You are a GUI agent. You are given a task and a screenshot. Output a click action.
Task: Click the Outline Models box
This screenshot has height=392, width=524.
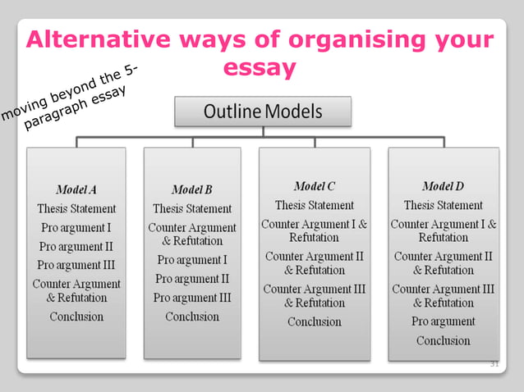pos(262,111)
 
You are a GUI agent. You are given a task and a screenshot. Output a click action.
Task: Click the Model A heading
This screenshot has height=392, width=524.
pos(76,189)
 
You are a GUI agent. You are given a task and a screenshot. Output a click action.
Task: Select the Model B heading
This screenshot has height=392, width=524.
pos(192,189)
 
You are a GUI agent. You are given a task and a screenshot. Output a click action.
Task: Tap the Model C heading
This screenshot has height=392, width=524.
pos(314,186)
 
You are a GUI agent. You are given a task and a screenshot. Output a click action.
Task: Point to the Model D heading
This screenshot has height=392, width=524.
pos(443,186)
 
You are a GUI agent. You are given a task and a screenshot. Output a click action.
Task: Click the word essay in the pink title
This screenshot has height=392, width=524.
pos(260,69)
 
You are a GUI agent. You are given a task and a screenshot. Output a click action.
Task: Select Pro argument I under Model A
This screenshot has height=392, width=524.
pos(76,227)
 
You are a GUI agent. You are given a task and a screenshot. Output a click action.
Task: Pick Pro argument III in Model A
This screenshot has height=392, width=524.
pos(76,265)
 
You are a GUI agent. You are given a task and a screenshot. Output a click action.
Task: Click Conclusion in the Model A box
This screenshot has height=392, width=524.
pos(76,316)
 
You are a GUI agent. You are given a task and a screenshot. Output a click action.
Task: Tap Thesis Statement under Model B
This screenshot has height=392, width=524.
pos(192,208)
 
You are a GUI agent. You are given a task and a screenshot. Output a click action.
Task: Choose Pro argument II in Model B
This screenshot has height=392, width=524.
pos(192,279)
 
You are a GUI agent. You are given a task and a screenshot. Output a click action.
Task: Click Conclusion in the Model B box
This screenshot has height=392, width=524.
pos(192,316)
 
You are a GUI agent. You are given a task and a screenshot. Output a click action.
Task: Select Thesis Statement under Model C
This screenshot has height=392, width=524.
pos(314,205)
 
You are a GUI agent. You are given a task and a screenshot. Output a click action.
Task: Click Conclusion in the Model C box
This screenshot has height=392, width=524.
pos(314,321)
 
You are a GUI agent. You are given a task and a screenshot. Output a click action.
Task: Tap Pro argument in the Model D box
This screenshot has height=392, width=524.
pos(443,321)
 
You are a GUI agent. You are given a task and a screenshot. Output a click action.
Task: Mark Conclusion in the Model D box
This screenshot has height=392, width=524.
pos(443,340)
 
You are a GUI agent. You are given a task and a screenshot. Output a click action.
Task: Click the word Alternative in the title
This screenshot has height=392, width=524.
pos(93,39)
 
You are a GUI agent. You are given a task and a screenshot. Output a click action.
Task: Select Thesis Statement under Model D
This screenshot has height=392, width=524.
pos(443,205)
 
